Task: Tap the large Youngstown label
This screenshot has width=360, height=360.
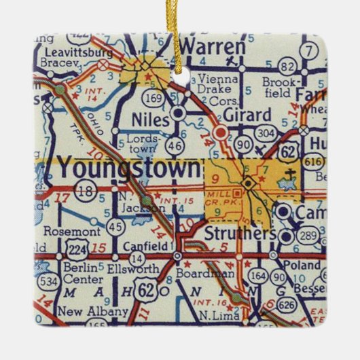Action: coord(128,166)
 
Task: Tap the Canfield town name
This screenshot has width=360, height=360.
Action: coord(143,245)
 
